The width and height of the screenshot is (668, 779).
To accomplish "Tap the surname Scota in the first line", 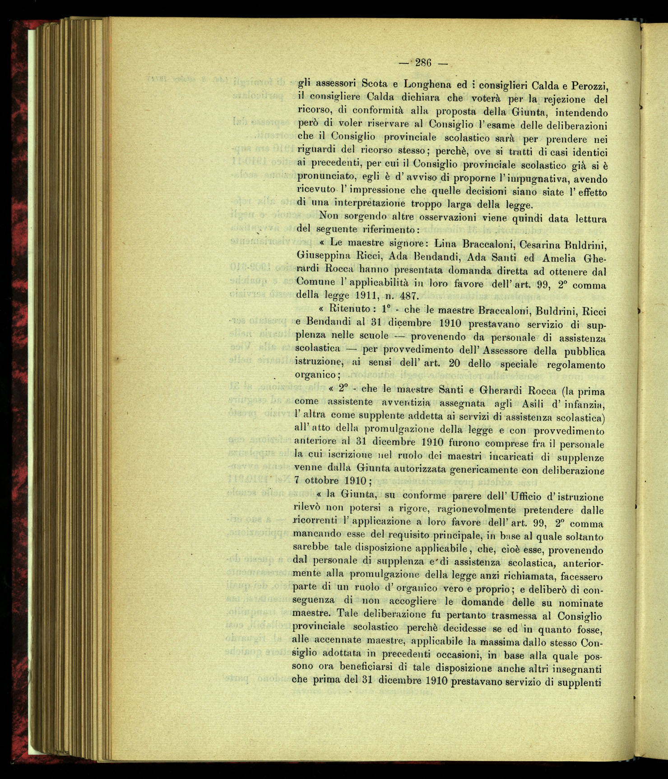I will coord(378,84).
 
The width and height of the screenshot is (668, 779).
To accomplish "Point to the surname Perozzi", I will coord(586,85).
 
